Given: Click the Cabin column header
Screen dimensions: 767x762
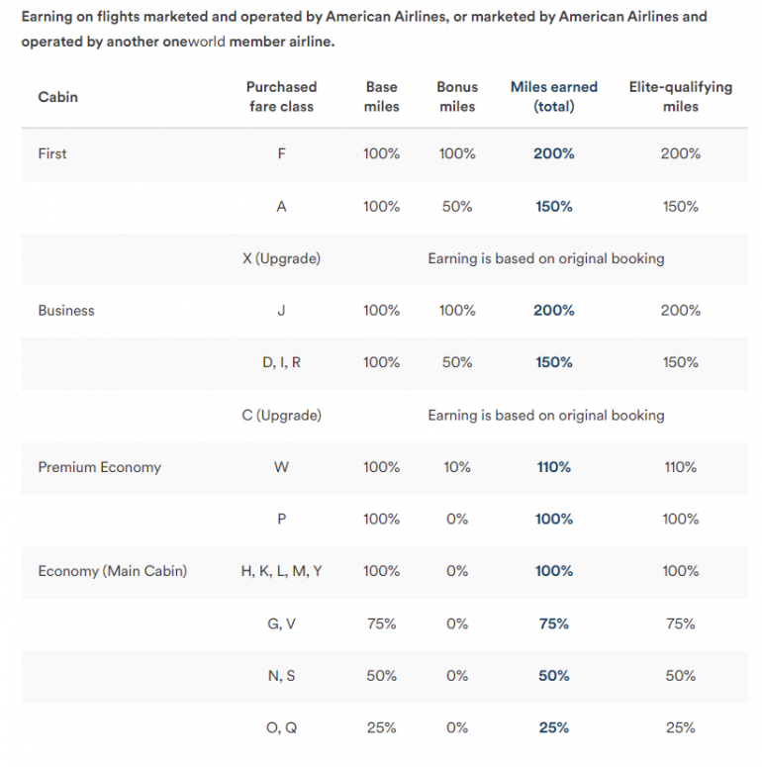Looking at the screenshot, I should pyautogui.click(x=57, y=97).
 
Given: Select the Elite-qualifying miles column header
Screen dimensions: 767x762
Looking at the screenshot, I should pyautogui.click(x=680, y=96).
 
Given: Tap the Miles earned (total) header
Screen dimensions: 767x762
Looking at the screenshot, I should pyautogui.click(x=553, y=96).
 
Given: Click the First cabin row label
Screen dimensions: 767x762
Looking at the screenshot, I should pyautogui.click(x=52, y=153).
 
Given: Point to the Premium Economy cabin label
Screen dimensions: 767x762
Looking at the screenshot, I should pyautogui.click(x=99, y=467).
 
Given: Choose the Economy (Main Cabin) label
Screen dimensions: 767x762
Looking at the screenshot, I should pyautogui.click(x=112, y=571).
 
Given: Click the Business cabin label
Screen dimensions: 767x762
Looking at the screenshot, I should pyautogui.click(x=66, y=311).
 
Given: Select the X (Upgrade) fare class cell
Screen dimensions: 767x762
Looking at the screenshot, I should pyautogui.click(x=281, y=258).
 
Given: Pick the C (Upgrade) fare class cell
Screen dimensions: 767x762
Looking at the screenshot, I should pyautogui.click(x=281, y=416).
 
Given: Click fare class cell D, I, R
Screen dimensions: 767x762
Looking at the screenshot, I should pyautogui.click(x=281, y=362).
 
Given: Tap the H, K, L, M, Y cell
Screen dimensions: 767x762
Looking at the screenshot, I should pyautogui.click(x=281, y=571).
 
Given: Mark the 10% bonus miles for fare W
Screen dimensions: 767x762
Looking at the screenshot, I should pyautogui.click(x=456, y=467).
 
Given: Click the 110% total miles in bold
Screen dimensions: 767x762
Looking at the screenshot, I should pyautogui.click(x=553, y=467).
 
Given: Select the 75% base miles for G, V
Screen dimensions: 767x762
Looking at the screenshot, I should pyautogui.click(x=381, y=623).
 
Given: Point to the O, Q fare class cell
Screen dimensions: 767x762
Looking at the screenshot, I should pyautogui.click(x=281, y=727).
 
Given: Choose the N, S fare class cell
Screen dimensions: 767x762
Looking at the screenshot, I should pyautogui.click(x=281, y=676).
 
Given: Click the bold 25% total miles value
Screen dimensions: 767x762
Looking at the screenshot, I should pyautogui.click(x=553, y=727).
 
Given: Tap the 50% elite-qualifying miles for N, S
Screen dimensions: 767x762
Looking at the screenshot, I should pyautogui.click(x=680, y=676).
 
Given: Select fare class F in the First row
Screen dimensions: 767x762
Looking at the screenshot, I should pyautogui.click(x=281, y=153).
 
